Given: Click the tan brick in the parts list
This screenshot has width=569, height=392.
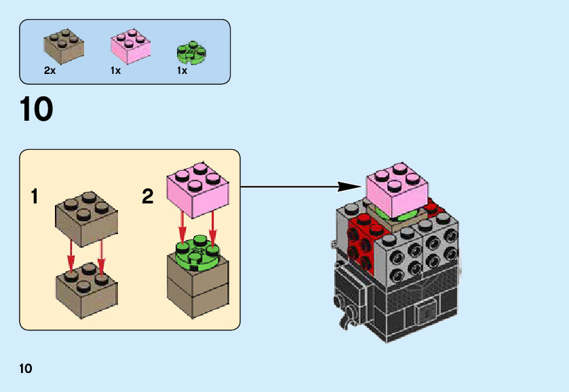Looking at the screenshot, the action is tap(64, 45).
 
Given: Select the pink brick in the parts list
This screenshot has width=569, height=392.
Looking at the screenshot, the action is tap(130, 46).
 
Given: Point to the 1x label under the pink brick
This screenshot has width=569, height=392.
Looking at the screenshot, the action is tap(115, 71).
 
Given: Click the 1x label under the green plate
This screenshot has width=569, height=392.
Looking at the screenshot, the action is tap(182, 71).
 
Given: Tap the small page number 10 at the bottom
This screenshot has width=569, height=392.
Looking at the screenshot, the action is tap(26, 369).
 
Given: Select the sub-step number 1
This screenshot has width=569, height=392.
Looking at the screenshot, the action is tap(35, 197).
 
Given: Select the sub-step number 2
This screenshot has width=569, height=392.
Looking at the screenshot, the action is tap(148, 197).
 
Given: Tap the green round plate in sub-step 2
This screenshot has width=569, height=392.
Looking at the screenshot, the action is tap(199, 253).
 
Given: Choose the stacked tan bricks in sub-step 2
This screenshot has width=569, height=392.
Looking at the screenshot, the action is tap(199, 288).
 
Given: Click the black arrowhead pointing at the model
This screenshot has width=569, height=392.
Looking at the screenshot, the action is tap(349, 186).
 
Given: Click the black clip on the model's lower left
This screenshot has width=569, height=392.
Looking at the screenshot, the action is tap(347, 313).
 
